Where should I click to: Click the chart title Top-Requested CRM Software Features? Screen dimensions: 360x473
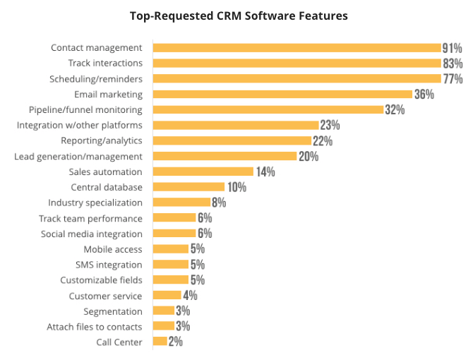click(x=239, y=15)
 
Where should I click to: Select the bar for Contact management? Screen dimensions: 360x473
click(x=297, y=48)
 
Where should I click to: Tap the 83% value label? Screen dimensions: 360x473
click(x=453, y=64)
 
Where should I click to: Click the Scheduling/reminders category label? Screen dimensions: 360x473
click(x=96, y=79)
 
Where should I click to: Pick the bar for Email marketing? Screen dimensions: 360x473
click(x=282, y=94)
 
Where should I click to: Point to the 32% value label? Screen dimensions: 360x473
click(x=395, y=109)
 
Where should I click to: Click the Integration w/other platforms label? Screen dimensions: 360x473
click(x=79, y=125)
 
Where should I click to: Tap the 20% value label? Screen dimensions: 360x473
click(x=309, y=156)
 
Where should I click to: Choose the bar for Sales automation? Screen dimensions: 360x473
click(x=203, y=172)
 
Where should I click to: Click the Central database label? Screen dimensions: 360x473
click(x=107, y=187)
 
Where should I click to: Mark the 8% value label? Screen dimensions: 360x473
click(x=219, y=203)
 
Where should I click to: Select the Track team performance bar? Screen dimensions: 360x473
click(x=174, y=218)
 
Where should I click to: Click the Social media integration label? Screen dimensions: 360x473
click(x=91, y=234)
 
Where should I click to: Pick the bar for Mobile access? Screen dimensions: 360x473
click(x=171, y=249)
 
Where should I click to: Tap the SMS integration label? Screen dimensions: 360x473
click(x=109, y=265)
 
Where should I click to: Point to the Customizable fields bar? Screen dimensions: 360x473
click(x=171, y=280)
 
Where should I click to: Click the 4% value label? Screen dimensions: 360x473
click(x=190, y=296)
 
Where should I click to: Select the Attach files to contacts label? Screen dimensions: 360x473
click(x=94, y=327)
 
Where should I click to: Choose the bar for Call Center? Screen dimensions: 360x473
click(x=160, y=342)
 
